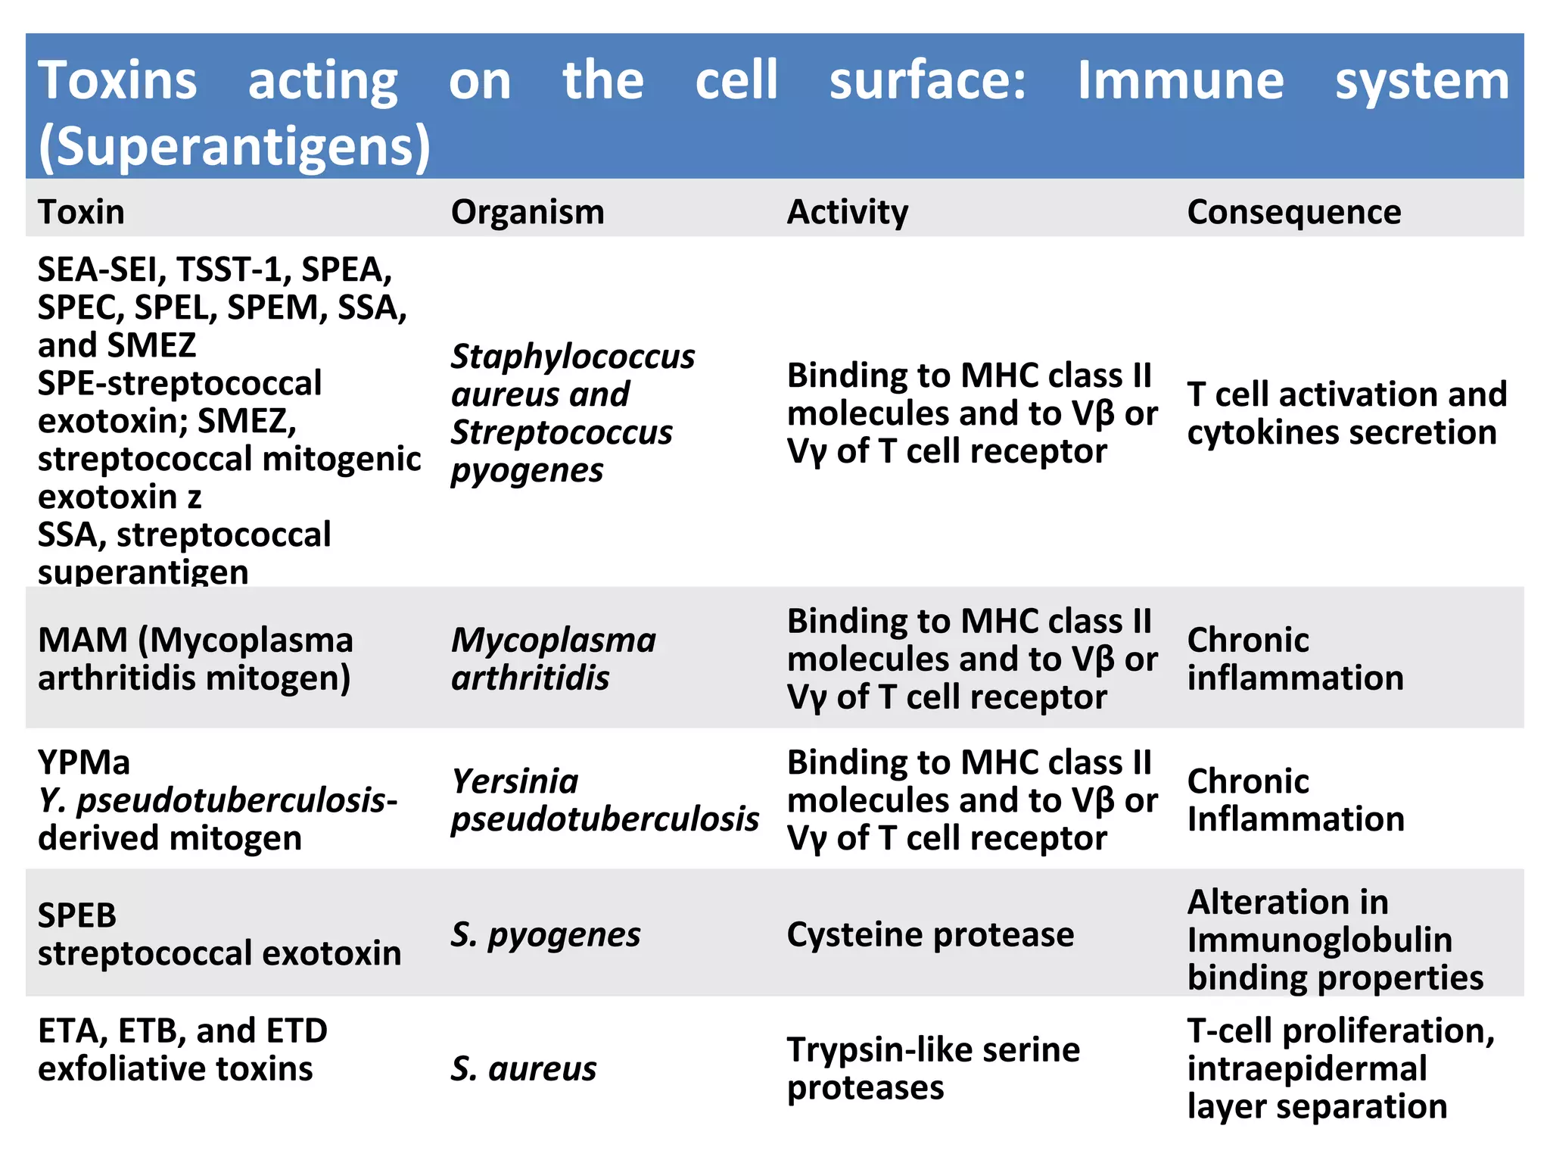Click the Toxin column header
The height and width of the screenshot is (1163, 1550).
click(x=82, y=212)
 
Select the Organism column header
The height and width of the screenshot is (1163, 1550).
click(x=528, y=212)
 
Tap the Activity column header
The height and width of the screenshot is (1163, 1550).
click(x=848, y=212)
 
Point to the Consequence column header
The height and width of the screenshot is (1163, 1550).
click(x=1294, y=212)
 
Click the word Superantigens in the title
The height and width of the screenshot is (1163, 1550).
click(x=235, y=145)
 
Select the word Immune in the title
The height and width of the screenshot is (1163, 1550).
click(x=1181, y=80)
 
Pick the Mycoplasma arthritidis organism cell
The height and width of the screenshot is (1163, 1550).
click(x=553, y=659)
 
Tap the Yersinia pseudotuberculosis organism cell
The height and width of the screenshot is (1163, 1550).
click(x=604, y=800)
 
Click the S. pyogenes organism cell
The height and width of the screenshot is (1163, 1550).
click(x=546, y=934)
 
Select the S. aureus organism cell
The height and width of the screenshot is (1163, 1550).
click(x=524, y=1068)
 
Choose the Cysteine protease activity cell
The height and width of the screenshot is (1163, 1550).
click(x=930, y=934)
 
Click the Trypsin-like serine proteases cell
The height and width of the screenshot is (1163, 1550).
click(x=932, y=1068)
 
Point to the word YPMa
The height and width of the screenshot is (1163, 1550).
click(x=84, y=762)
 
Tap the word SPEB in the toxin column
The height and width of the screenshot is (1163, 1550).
click(x=77, y=915)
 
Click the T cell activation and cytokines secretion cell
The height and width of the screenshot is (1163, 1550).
click(x=1346, y=413)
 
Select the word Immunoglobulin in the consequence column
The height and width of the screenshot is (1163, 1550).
click(x=1320, y=940)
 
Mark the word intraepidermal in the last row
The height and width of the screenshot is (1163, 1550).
click(x=1307, y=1068)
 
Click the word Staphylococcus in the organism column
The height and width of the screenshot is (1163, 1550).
click(x=573, y=357)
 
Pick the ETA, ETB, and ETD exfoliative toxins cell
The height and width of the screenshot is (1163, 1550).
click(x=182, y=1049)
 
